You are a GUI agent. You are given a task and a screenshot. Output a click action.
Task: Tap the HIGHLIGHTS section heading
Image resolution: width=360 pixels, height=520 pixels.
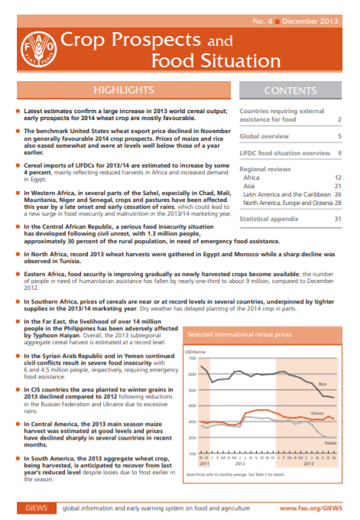pyautogui.click(x=119, y=90)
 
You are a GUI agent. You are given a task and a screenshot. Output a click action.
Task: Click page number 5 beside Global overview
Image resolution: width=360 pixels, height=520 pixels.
pyautogui.click(x=339, y=136)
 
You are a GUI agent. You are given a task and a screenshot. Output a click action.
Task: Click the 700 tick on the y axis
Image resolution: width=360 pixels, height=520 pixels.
pyautogui.click(x=191, y=358)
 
